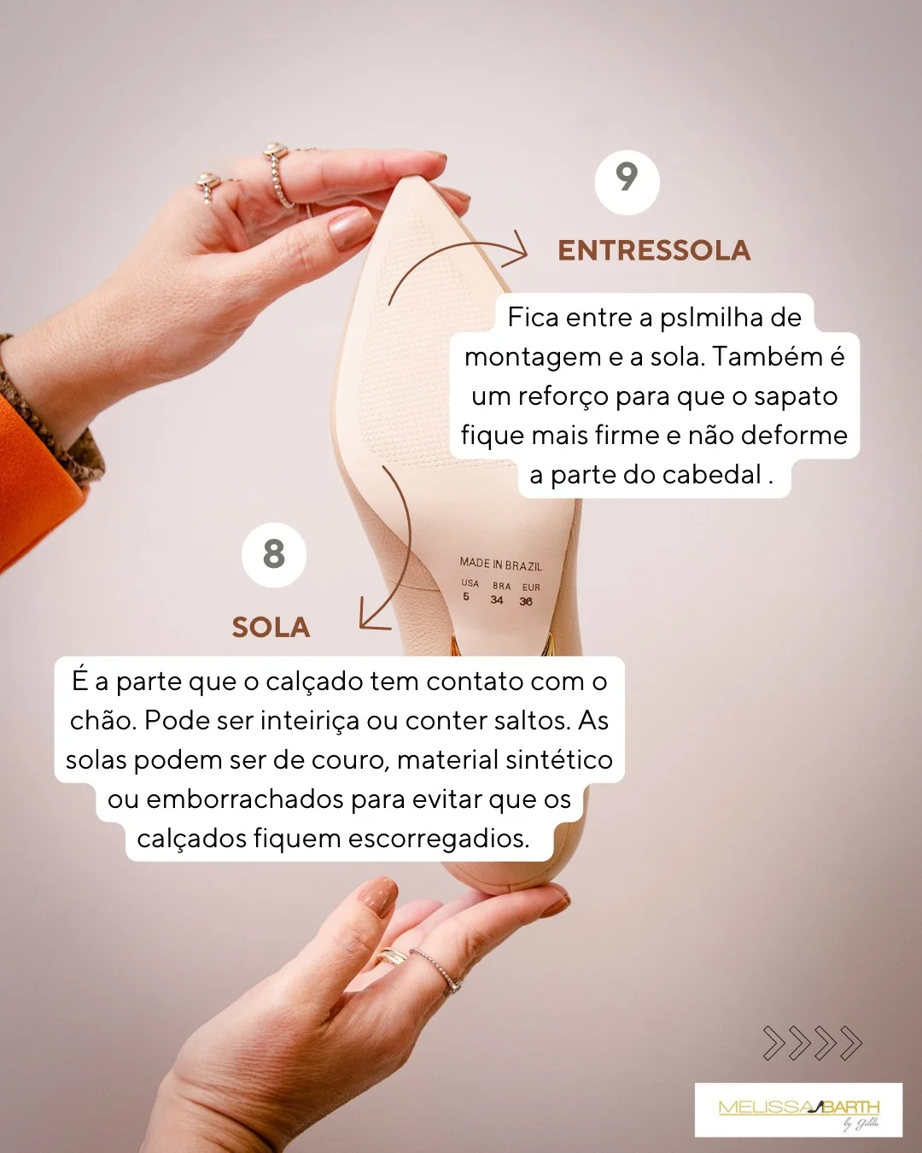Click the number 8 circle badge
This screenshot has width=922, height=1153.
(x=273, y=555)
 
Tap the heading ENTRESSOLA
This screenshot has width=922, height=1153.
(x=654, y=250)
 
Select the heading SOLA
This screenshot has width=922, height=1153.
(x=271, y=628)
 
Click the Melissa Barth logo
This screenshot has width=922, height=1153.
(x=798, y=1109)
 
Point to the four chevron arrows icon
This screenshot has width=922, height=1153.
(x=812, y=1043)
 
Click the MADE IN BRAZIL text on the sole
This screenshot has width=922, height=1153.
(x=500, y=565)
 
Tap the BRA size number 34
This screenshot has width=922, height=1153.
(x=497, y=600)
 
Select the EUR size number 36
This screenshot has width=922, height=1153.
(x=526, y=602)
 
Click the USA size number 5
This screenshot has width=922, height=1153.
(x=466, y=597)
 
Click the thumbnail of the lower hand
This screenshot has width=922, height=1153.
(x=377, y=897)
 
